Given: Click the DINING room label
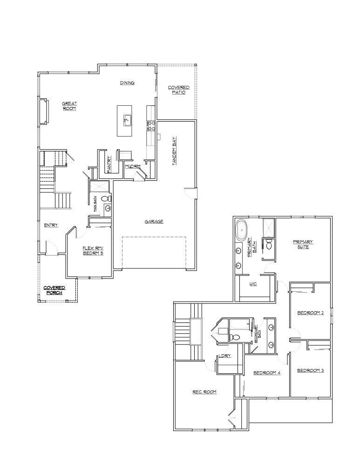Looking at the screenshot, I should click(127, 83).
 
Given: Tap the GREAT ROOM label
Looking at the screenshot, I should click(69, 106).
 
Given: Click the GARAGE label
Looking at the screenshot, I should click(154, 221).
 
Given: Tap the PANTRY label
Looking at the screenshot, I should click(109, 164).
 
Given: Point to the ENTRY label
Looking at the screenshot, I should click(51, 226).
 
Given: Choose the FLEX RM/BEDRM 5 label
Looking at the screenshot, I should click(93, 250).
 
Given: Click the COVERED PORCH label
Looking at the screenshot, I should click(54, 290).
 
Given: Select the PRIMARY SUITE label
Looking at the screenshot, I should click(303, 244).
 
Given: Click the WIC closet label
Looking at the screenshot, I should click(253, 283).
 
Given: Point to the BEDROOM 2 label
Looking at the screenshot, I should click(310, 313).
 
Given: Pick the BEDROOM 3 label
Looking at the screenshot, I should click(310, 370).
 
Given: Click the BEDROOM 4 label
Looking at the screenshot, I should click(267, 373).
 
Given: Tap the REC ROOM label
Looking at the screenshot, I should click(204, 392).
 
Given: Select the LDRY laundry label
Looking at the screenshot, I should click(225, 356).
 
